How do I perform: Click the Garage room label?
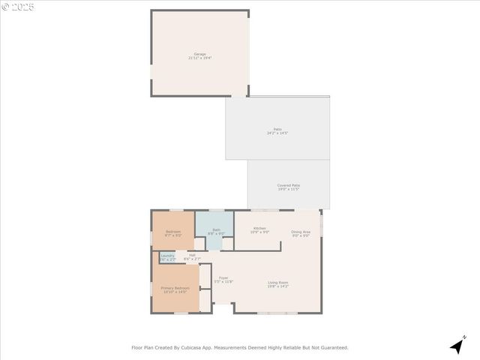point(200,54)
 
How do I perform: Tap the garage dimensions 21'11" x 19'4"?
point(200,58)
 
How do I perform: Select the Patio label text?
point(277,130)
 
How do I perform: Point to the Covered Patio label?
point(289,185)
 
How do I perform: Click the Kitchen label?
point(259,228)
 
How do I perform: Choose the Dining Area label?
point(301,232)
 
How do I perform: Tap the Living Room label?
point(278,283)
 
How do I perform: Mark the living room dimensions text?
point(278,286)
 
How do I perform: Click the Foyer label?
point(223,278)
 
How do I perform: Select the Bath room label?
point(216,229)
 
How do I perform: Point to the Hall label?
point(192,255)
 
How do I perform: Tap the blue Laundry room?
point(167,257)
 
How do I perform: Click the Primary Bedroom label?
point(175,288)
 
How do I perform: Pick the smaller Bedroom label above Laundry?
point(173,232)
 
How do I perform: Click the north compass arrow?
point(457,346)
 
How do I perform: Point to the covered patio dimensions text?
point(289,189)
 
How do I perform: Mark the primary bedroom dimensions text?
point(175,292)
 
